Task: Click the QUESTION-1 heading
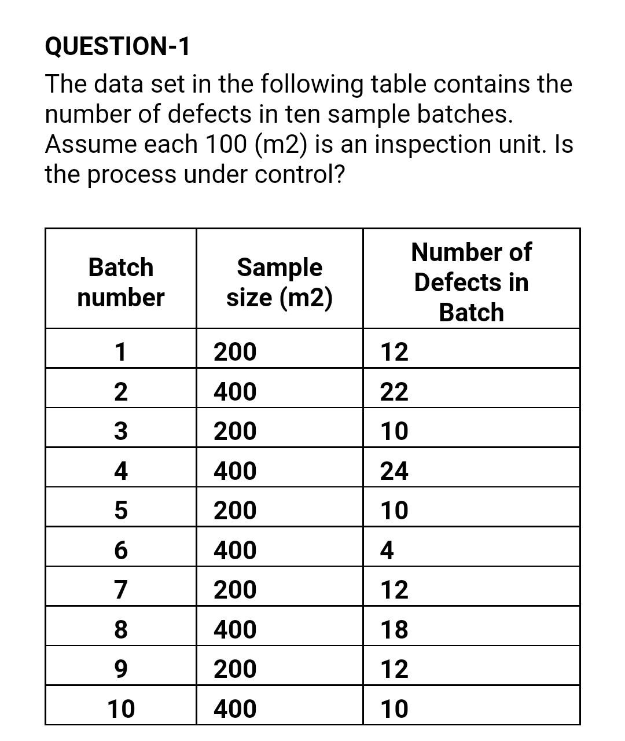[x=117, y=46]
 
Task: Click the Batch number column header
[x=120, y=283]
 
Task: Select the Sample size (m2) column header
[x=280, y=283]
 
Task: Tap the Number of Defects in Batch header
[x=471, y=283]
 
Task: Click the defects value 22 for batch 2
[x=394, y=392]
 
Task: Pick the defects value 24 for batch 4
[x=394, y=471]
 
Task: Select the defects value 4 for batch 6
[x=387, y=551]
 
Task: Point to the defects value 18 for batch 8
[x=394, y=629]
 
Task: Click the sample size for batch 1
[x=235, y=352]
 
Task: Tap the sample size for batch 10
[x=235, y=709]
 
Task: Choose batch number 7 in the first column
[x=120, y=590]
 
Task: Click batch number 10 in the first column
[x=121, y=709]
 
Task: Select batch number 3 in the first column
[x=120, y=431]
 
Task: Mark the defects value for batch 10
[x=394, y=709]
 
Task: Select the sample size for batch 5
[x=235, y=511]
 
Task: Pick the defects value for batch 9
[x=394, y=669]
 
